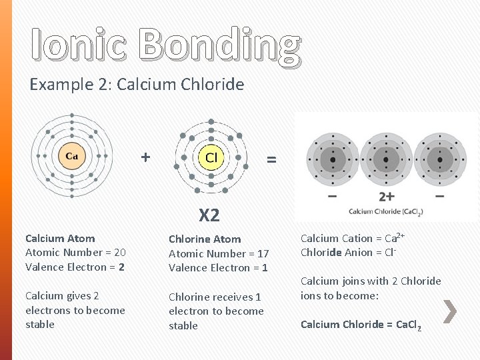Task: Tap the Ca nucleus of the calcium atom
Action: (71, 157)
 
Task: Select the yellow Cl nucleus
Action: (211, 158)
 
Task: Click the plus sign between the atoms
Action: (145, 157)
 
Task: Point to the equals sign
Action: (271, 159)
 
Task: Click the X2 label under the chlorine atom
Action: (209, 215)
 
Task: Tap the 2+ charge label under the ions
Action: (386, 197)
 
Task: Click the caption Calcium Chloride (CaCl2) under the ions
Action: (385, 211)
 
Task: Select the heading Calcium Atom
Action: (60, 238)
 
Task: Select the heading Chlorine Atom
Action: (205, 239)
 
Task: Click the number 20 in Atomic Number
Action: (119, 252)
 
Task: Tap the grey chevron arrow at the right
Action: (450, 311)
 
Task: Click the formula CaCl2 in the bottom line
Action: (408, 325)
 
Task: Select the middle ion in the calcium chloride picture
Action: (386, 159)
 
